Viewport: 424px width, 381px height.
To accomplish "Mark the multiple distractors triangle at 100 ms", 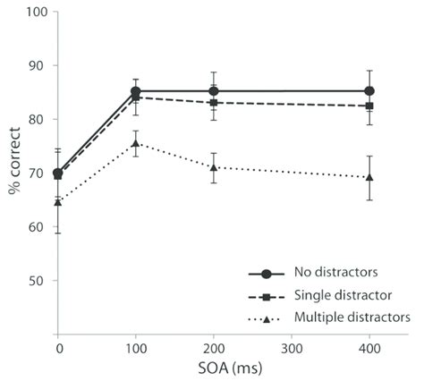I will [x=135, y=143].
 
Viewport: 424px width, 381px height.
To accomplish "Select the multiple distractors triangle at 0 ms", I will [x=58, y=202].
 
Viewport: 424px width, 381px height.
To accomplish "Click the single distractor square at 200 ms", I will [x=213, y=103].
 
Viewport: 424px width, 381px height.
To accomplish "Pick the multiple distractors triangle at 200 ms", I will [x=213, y=166].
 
